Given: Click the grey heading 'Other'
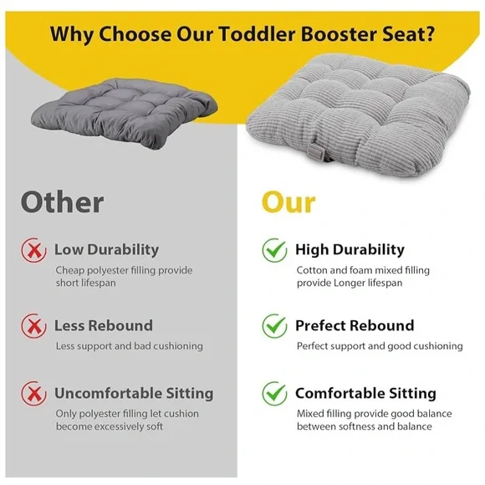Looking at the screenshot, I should [x=62, y=202].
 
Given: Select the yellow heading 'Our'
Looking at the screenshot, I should [x=288, y=202].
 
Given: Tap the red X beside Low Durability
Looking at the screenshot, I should [x=33, y=249].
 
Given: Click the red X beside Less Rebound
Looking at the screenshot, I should [x=33, y=326].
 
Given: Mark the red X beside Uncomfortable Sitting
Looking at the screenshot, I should [x=33, y=393].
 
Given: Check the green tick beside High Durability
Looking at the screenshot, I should [x=273, y=249].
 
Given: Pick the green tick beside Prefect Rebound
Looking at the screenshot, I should [x=273, y=326].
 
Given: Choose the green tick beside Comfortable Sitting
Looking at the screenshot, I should [x=273, y=393].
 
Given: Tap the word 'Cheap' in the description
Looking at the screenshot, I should [x=71, y=270].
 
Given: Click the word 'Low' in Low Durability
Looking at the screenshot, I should [x=68, y=249].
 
